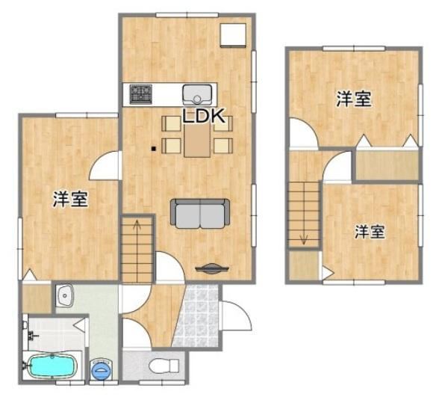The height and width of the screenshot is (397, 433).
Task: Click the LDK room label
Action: [204, 116]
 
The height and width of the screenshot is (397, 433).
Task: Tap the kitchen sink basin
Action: [197, 95]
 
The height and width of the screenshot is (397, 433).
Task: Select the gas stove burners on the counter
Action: [141, 94]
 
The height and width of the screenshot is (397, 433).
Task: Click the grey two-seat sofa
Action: [200, 213]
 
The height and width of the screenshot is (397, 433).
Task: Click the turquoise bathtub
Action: [52, 366]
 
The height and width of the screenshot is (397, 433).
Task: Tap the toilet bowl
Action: [163, 366]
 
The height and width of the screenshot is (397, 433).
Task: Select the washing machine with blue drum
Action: [102, 369]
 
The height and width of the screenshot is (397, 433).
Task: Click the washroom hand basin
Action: [64, 295]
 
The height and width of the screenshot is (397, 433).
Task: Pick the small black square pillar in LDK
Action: [154, 149]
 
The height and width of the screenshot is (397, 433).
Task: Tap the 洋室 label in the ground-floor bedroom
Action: [70, 199]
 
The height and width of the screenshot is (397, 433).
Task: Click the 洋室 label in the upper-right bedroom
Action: [353, 99]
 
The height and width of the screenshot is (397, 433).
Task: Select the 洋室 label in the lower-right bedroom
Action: [370, 232]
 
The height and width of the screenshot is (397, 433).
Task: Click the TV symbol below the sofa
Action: [212, 268]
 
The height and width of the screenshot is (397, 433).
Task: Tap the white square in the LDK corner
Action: [233, 35]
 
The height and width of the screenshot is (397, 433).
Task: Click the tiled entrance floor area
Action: [196, 316]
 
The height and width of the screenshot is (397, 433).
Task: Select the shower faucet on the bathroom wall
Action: [33, 336]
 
